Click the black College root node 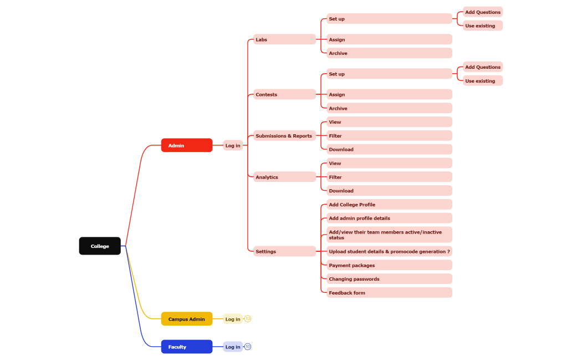[x=100, y=246]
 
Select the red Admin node [x=187, y=145]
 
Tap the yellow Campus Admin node [x=187, y=319]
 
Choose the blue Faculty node [x=187, y=347]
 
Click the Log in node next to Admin [x=233, y=145]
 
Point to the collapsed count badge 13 [x=248, y=319]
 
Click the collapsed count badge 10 [x=248, y=347]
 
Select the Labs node [x=284, y=39]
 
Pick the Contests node [x=284, y=94]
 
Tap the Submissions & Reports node [x=284, y=136]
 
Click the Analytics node [x=284, y=177]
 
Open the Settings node [x=284, y=251]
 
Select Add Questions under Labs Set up [x=483, y=12]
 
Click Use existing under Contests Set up [x=483, y=81]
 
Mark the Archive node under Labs [x=389, y=53]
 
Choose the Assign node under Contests [x=389, y=94]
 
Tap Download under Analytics [x=389, y=191]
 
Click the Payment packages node [x=389, y=265]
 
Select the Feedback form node [x=389, y=292]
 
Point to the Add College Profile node [x=389, y=205]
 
